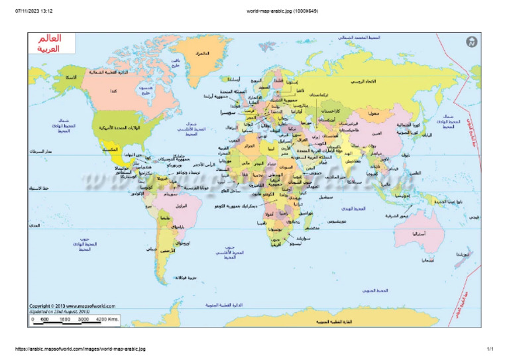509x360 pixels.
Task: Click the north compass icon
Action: [x=471, y=42]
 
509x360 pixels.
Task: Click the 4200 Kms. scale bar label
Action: [x=108, y=320]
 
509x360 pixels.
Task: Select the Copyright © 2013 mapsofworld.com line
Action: [x=72, y=306]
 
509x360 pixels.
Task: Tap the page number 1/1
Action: [x=490, y=349]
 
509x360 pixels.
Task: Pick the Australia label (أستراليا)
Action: [x=419, y=234]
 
